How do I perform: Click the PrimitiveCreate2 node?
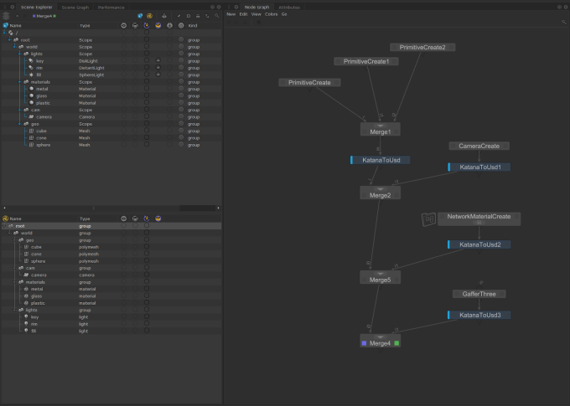pos(422,48)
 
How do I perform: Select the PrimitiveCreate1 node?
pos(365,62)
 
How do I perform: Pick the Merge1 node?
pos(381,131)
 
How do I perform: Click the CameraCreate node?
pos(479,146)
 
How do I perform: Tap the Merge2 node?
pos(381,194)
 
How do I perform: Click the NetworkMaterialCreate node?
pos(479,217)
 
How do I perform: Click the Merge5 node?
pos(381,278)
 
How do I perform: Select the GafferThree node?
pos(479,295)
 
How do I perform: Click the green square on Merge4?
pos(396,343)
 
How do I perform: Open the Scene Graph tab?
pos(75,7)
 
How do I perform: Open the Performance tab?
pos(111,7)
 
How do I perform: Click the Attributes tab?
pos(289,7)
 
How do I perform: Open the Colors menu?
pos(271,14)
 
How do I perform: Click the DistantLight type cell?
pos(91,68)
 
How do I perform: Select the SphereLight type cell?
pos(91,75)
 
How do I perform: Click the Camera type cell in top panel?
pos(87,117)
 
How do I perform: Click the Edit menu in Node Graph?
pos(243,14)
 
